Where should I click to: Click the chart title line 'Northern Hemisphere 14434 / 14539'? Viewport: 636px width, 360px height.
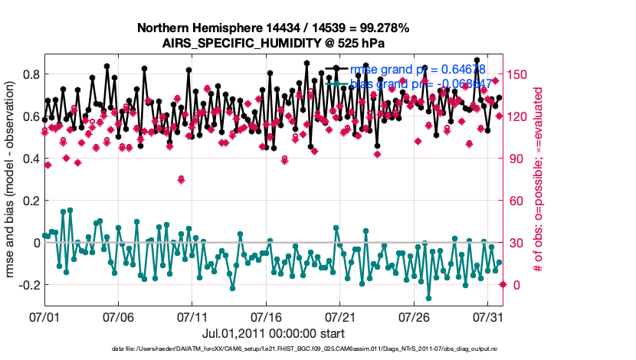273,28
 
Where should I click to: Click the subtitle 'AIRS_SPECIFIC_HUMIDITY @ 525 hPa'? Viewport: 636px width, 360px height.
273,43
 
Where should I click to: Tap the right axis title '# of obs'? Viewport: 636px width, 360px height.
539,180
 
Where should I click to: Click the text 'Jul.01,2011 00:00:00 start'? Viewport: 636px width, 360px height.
273,333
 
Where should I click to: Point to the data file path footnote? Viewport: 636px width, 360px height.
273,349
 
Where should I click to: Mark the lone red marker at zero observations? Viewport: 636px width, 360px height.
503,285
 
